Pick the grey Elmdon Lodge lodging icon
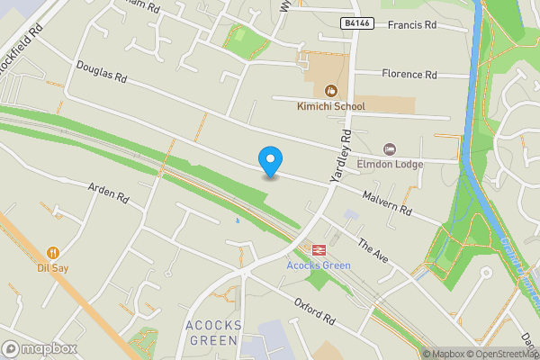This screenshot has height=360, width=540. click(389, 148)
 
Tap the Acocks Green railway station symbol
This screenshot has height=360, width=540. click(318, 249)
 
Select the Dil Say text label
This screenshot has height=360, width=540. click(54, 267)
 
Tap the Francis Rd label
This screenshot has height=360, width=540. click(411, 25)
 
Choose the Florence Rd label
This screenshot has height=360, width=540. click(409, 74)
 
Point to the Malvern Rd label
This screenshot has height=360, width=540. click(387, 203)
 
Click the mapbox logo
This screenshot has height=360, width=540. click(40, 348)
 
